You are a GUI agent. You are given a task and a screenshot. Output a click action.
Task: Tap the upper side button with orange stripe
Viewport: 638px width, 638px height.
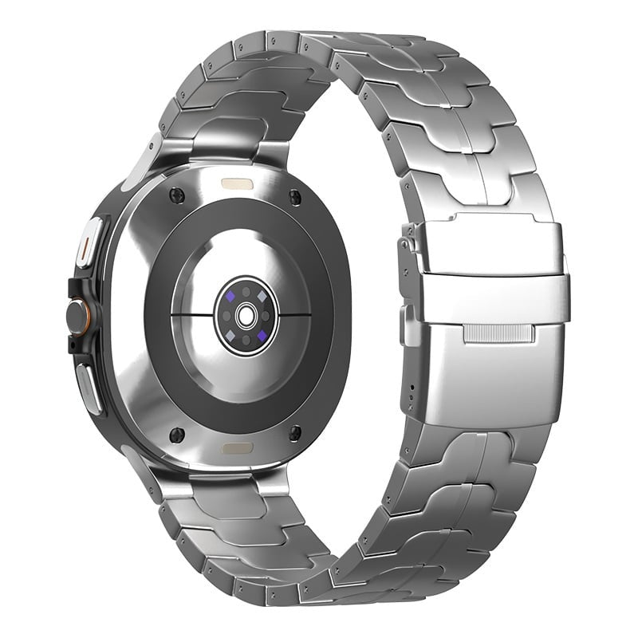[x=90, y=239]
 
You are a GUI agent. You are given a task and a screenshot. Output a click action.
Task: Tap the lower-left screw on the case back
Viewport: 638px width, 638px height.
[x=176, y=434]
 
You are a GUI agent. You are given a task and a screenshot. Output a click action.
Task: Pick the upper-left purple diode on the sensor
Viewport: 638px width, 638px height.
[x=230, y=296]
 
